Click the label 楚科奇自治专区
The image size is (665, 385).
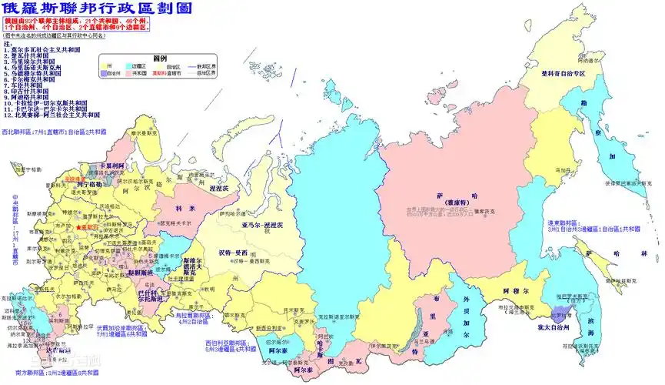562,74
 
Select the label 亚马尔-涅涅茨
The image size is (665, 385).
244,226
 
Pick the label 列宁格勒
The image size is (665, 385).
87,185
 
